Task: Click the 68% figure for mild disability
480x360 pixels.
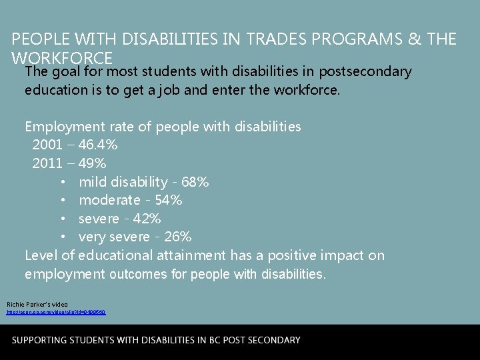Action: (195, 181)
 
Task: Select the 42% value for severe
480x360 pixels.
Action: (147, 219)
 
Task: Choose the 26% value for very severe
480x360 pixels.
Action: (178, 237)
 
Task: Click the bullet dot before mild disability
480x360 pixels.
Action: (62, 182)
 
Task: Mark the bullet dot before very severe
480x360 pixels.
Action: (62, 237)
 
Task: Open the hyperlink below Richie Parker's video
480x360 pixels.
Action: (56, 312)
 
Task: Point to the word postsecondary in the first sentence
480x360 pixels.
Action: (365, 71)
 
